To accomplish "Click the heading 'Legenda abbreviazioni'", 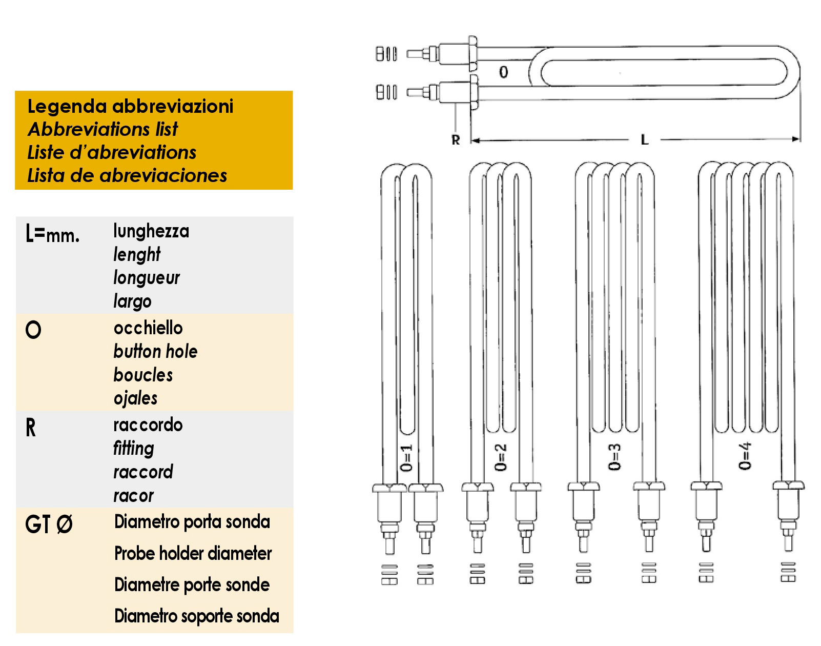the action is (x=130, y=106).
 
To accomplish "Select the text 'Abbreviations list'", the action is (x=102, y=129).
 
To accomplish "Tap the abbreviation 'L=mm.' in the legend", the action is (x=52, y=233).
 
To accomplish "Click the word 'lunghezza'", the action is (x=151, y=231).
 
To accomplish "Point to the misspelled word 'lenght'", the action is (x=137, y=255).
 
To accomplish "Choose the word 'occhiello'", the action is (x=148, y=328).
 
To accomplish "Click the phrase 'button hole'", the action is (x=155, y=351).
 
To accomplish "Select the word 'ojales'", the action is (x=135, y=398).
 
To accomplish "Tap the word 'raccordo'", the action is (x=148, y=425).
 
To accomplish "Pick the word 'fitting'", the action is (x=134, y=449).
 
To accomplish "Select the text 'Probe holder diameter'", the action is (x=193, y=553).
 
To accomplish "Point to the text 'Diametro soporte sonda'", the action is (x=196, y=616).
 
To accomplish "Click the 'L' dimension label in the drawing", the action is (x=644, y=140).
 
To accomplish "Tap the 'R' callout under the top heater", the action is (x=456, y=140).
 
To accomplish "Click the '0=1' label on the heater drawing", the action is (x=406, y=458).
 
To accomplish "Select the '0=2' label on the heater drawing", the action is (x=500, y=457).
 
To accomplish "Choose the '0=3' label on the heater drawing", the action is (x=614, y=457).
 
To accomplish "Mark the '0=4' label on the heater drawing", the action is (x=745, y=455).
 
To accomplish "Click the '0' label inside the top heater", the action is (x=504, y=72).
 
